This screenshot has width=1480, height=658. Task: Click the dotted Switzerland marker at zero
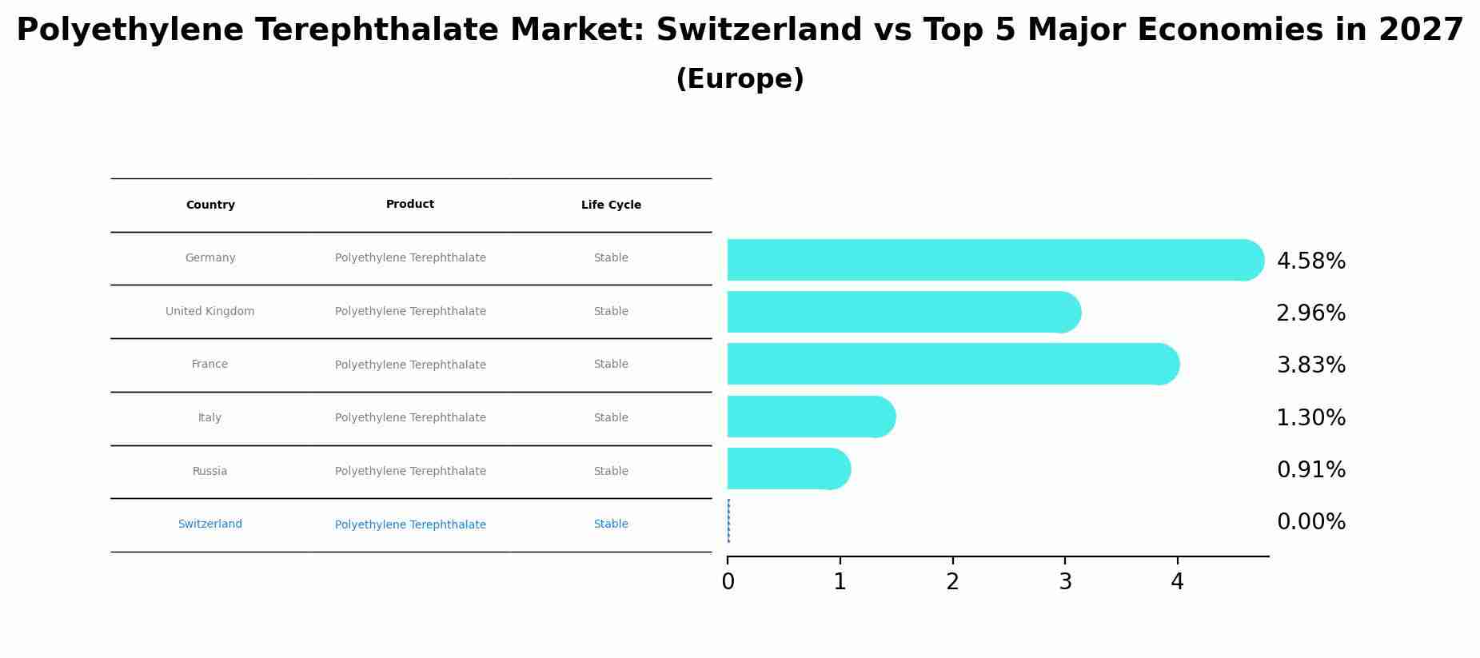click(728, 520)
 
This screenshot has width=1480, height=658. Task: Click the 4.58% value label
click(1310, 261)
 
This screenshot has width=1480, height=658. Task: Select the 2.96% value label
click(1310, 313)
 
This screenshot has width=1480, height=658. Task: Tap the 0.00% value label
click(1310, 522)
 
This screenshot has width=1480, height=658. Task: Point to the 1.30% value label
click(1310, 418)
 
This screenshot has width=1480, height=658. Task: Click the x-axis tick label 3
click(1065, 582)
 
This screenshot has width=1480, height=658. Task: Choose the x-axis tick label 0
click(728, 582)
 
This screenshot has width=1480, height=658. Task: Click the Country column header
click(210, 205)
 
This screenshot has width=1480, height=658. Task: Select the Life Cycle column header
click(611, 205)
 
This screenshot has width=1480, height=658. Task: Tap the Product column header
click(410, 205)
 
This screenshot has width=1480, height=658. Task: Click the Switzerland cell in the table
click(209, 524)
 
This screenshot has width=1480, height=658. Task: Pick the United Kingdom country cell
click(209, 312)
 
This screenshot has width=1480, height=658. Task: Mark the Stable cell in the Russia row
click(611, 472)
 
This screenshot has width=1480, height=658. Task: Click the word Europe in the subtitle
click(740, 80)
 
